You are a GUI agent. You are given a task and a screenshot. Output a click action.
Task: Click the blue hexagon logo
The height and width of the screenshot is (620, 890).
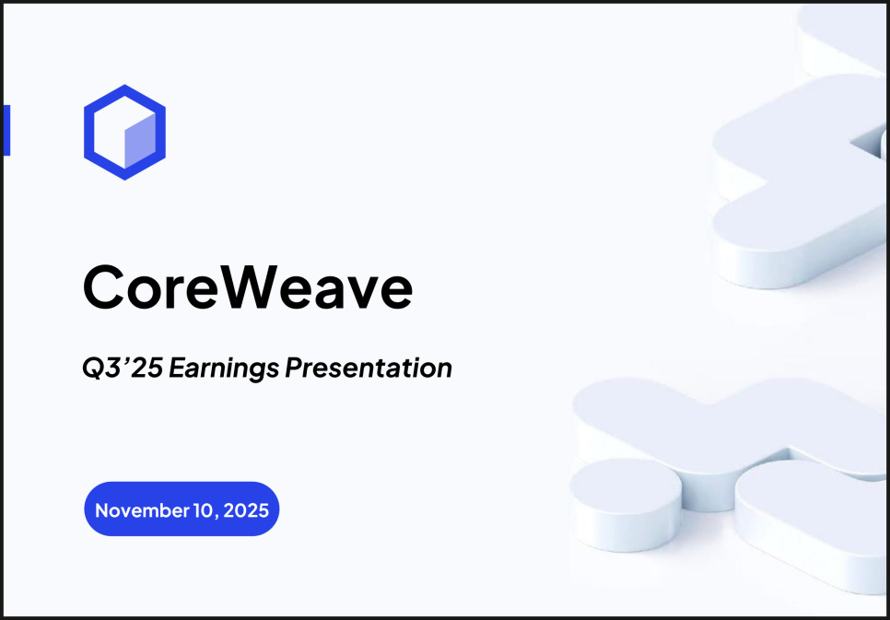click(125, 94)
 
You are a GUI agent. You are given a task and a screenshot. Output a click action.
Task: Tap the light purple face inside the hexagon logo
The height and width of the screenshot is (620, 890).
click(140, 140)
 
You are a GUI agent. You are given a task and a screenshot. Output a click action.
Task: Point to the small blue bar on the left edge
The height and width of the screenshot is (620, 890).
click(6, 130)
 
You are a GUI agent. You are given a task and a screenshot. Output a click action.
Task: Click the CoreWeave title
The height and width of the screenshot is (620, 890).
click(248, 289)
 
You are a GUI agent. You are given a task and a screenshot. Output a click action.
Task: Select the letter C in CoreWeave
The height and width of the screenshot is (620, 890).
click(104, 289)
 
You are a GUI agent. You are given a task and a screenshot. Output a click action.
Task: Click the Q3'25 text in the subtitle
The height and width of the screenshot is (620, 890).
click(123, 368)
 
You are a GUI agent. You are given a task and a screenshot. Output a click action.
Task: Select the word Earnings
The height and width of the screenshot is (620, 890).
click(224, 369)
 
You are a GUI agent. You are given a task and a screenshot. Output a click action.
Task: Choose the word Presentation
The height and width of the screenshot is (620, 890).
click(369, 368)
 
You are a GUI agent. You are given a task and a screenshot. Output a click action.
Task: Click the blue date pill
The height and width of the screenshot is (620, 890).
click(182, 509)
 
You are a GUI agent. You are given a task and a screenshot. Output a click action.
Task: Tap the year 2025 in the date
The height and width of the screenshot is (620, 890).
click(246, 510)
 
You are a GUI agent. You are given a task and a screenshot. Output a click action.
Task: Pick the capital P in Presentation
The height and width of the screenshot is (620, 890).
click(294, 368)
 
